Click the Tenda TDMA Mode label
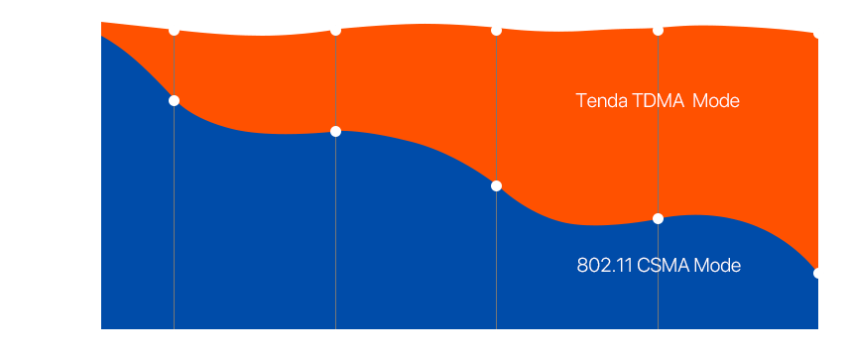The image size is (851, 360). click(x=659, y=101)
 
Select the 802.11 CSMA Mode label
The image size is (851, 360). click(x=659, y=266)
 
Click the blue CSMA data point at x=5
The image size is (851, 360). click(x=175, y=100)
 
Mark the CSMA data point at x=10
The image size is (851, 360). click(x=336, y=131)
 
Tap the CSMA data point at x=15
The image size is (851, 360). click(x=496, y=185)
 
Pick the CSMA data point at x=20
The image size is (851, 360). click(x=658, y=218)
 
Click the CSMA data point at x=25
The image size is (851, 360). click(x=818, y=273)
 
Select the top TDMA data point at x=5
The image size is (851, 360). click(x=175, y=30)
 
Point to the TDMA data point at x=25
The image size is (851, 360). click(x=818, y=34)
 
